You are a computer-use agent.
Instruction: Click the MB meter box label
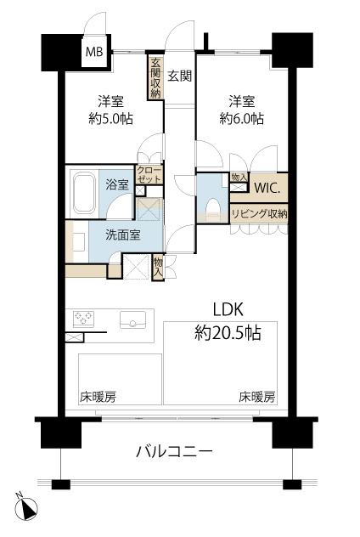(x=94, y=52)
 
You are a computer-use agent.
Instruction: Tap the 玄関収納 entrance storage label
(x=155, y=78)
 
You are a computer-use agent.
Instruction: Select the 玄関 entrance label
(x=180, y=76)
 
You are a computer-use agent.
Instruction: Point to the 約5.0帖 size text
(x=111, y=119)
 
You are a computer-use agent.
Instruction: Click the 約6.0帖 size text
(x=242, y=119)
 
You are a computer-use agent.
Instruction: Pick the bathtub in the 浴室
(x=84, y=193)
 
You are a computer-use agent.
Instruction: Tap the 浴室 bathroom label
(x=117, y=184)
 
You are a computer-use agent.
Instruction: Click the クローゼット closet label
(x=149, y=174)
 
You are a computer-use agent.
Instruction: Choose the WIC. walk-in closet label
(x=267, y=188)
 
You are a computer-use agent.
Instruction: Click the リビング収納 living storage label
(x=259, y=214)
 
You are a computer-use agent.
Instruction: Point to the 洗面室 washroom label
(x=123, y=235)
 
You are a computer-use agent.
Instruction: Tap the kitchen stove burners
(x=83, y=318)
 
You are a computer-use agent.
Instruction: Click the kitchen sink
(x=132, y=319)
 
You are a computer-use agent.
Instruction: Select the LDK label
(x=228, y=309)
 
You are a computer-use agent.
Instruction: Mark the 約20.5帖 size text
(x=228, y=332)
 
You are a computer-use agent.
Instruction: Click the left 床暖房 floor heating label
(x=98, y=397)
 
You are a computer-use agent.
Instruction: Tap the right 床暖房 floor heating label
(x=256, y=397)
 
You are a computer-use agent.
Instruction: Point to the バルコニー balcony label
(x=175, y=451)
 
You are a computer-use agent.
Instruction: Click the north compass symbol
(x=28, y=509)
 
